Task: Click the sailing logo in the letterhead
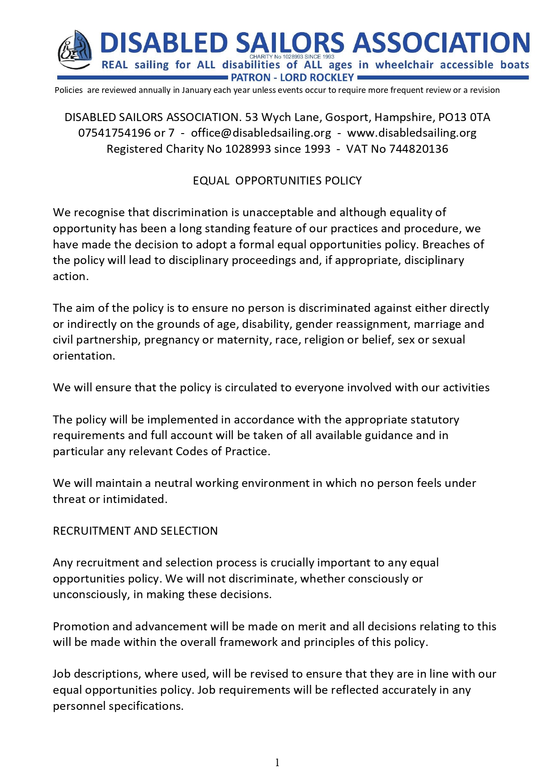click(x=75, y=50)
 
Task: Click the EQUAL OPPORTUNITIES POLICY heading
click(x=277, y=180)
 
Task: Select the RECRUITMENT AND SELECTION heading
click(x=135, y=531)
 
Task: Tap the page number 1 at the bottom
click(x=277, y=763)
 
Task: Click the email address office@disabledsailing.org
click(x=261, y=133)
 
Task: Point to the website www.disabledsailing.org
click(x=411, y=133)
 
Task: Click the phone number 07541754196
click(x=114, y=133)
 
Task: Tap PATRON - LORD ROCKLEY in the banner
click(x=292, y=78)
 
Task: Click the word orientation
click(x=84, y=356)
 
